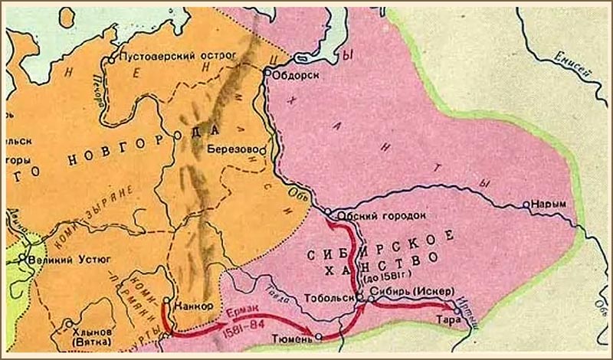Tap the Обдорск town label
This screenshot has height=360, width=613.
[x=297, y=75]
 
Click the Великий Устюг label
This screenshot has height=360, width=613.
[x=66, y=260]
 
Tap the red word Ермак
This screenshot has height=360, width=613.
[x=240, y=313]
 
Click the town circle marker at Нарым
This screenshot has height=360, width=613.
[x=526, y=205]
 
